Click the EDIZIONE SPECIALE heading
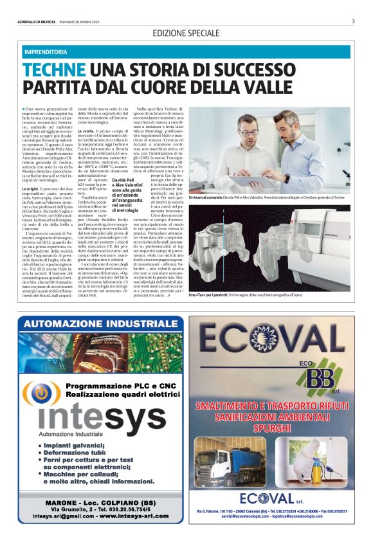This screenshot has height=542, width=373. pyautogui.click(x=186, y=32)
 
